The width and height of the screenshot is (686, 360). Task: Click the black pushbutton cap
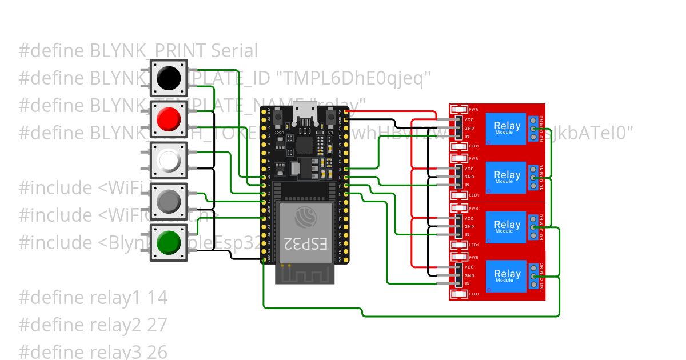click(169, 77)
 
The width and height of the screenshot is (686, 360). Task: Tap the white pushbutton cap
click(169, 161)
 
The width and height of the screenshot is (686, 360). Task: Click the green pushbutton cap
click(169, 242)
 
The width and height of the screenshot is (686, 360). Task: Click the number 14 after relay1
click(157, 298)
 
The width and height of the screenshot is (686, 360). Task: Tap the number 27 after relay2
click(157, 325)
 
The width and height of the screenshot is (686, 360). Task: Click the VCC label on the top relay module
click(469, 120)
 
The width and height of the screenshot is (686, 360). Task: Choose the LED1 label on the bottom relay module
click(474, 294)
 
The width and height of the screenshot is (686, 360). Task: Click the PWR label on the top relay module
click(474, 109)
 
